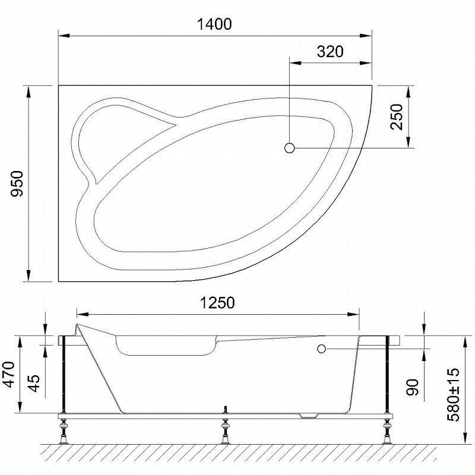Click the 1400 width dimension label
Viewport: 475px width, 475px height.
coord(214,24)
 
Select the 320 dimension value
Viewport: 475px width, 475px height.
coord(330,52)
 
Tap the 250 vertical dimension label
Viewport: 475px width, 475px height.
coord(397,117)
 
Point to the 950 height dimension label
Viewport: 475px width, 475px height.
coord(17,183)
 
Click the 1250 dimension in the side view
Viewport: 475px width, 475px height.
coord(217,303)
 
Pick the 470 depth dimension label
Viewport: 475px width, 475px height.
coord(8,375)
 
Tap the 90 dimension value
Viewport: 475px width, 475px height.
coord(412,387)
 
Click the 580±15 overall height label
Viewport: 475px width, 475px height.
coord(454,395)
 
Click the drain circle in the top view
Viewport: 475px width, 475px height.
coord(290,148)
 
